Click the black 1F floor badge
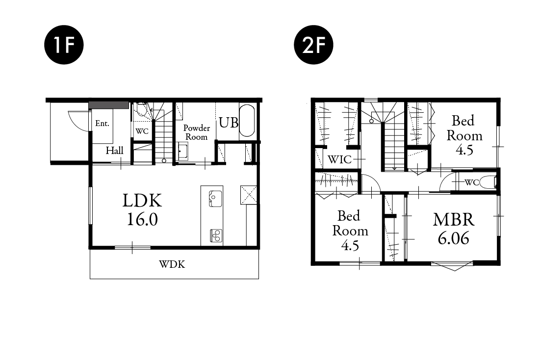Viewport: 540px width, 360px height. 64,45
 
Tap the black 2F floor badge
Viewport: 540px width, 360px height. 313,45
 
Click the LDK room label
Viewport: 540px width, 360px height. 142,201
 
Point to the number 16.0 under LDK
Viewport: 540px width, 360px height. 142,219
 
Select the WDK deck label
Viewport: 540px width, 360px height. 172,264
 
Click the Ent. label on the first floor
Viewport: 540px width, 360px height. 102,123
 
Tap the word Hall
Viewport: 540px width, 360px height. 114,151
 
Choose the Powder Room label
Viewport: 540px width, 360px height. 196,132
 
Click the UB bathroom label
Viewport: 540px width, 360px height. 229,123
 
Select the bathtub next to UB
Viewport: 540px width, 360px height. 247,121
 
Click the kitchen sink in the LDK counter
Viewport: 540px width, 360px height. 215,199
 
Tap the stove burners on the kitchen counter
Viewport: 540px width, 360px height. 216,236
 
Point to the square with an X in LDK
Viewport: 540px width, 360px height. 249,195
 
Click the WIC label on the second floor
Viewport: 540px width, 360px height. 339,159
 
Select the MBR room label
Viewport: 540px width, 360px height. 454,220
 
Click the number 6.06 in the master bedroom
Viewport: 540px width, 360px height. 454,238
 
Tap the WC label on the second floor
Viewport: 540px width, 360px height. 471,182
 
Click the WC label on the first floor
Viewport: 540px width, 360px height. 142,131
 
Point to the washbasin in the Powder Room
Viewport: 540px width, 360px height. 182,152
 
